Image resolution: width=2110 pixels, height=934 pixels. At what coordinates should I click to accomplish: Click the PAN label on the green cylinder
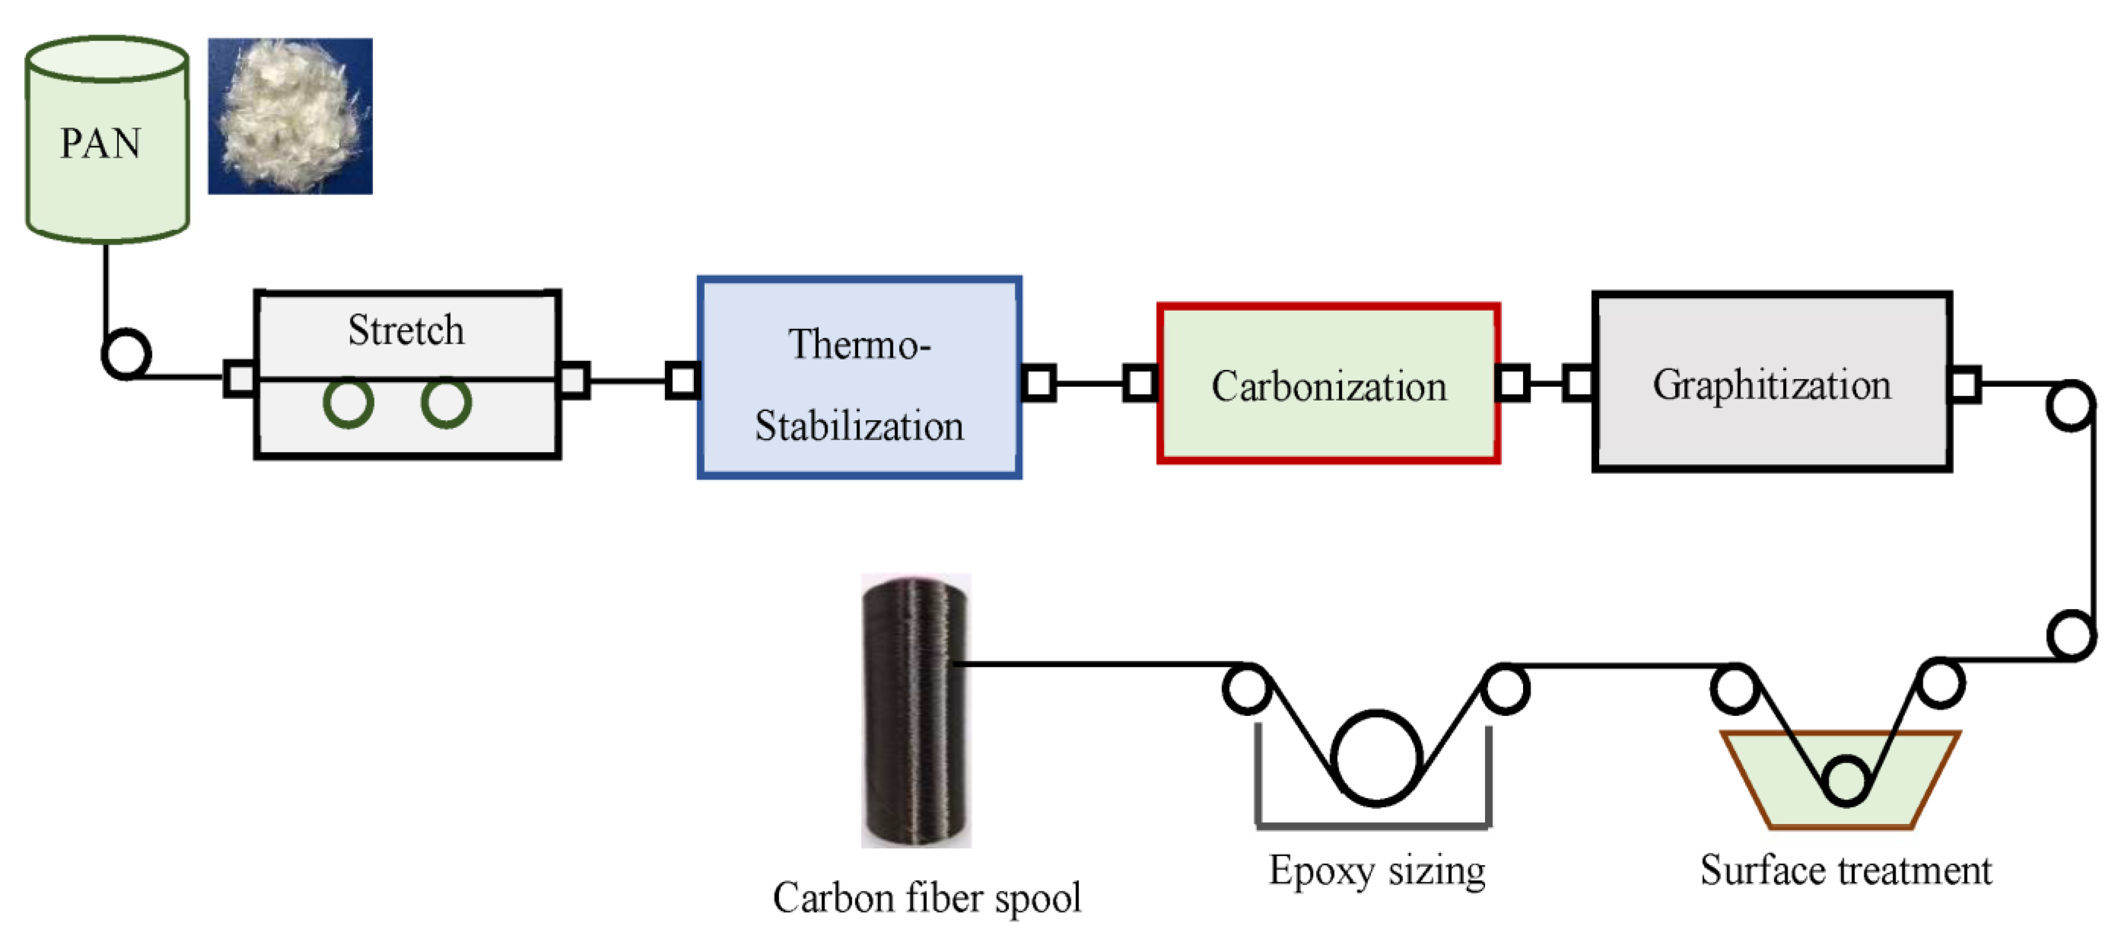[101, 143]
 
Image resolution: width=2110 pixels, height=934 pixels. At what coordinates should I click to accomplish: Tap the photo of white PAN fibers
[290, 116]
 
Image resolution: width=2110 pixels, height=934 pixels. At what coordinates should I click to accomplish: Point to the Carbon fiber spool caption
[927, 898]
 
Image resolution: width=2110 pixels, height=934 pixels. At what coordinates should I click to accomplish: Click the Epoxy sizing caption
[1377, 870]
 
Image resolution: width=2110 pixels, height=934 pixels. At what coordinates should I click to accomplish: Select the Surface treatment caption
[1845, 870]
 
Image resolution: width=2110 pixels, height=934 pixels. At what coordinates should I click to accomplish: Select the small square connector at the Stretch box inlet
[239, 378]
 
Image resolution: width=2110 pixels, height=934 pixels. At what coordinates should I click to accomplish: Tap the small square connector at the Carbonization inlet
[1139, 383]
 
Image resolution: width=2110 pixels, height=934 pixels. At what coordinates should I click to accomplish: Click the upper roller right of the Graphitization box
[2070, 406]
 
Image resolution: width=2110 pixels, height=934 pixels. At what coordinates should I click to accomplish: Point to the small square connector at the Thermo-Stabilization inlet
[682, 380]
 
